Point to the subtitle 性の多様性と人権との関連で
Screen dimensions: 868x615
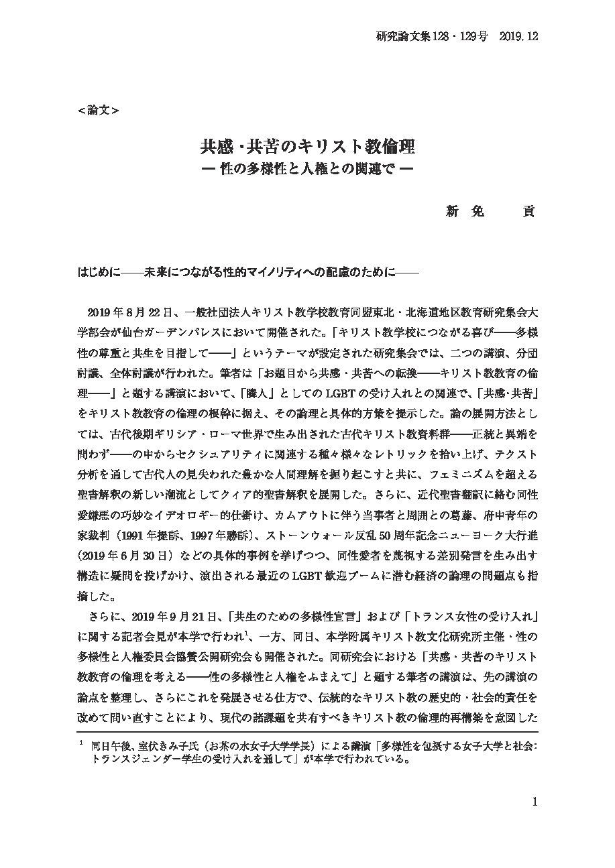click(x=307, y=169)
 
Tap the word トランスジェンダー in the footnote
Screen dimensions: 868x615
click(x=144, y=759)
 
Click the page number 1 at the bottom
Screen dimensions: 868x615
click(x=535, y=802)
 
